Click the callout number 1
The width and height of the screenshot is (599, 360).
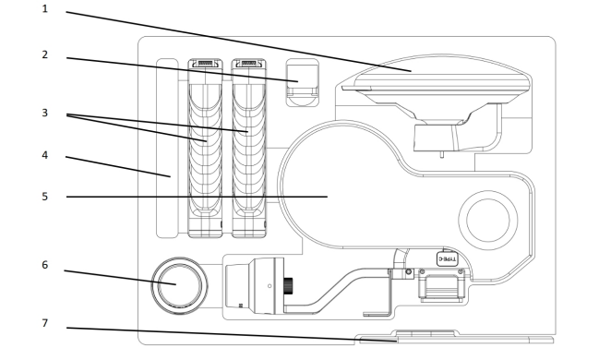point(44,9)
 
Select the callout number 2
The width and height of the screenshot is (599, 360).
point(44,54)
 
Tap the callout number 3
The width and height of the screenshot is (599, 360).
point(44,113)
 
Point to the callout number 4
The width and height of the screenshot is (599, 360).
point(44,155)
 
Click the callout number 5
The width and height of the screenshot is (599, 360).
point(44,197)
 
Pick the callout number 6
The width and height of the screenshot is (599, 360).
point(44,265)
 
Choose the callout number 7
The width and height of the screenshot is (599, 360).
point(44,323)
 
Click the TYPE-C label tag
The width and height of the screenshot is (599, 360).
point(447,258)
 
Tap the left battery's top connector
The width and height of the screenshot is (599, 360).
point(206,64)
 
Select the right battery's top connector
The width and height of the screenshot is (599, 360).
point(249,64)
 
